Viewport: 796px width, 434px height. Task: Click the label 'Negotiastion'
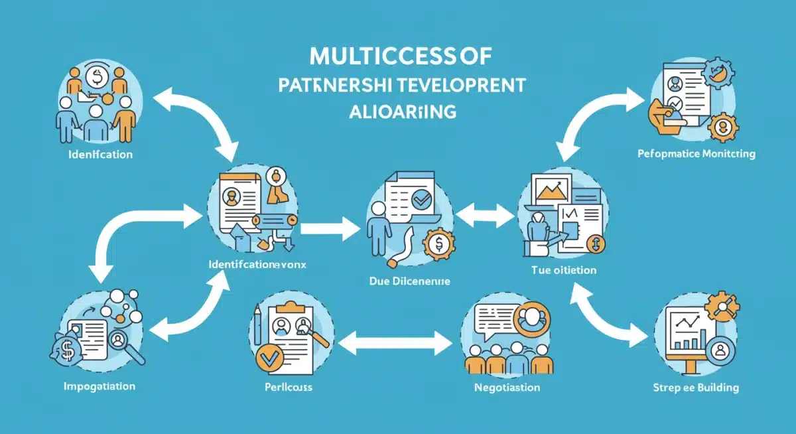[x=506, y=387]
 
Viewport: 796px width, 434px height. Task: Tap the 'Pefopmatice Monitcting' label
[x=696, y=154]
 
